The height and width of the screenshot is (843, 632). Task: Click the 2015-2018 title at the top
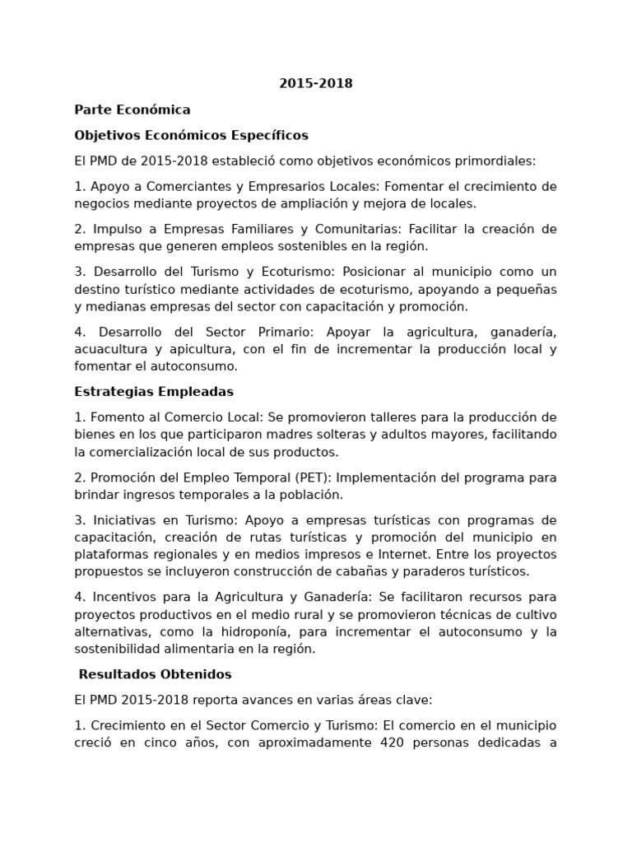pyautogui.click(x=316, y=83)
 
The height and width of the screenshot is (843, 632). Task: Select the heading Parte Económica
pyautogui.click(x=132, y=109)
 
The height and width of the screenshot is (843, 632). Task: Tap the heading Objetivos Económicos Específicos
pyautogui.click(x=191, y=135)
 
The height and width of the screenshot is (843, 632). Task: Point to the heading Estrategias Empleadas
pyautogui.click(x=154, y=391)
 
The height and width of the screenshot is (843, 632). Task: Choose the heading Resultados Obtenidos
pyautogui.click(x=155, y=674)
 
